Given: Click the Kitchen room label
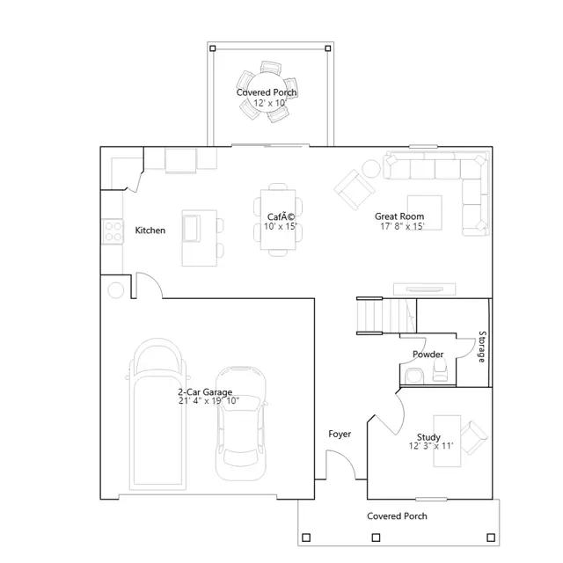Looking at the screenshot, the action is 150,230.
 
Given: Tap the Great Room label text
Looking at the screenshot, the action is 399,216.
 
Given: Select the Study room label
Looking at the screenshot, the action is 428,437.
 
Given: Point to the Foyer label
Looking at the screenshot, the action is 340,434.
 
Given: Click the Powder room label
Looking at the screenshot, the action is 428,355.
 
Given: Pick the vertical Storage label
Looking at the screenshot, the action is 482,347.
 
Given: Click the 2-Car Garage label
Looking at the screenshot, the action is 205,391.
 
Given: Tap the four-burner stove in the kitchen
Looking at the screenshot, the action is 113,231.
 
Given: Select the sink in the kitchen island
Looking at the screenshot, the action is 192,229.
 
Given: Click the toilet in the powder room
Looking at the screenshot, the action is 440,369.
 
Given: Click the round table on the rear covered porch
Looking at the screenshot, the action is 267,91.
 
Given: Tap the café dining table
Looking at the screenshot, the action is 278,219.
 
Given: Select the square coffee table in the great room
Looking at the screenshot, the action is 424,213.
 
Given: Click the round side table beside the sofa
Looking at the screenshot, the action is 371,168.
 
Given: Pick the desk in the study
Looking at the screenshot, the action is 447,441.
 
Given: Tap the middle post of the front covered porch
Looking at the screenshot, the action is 376,537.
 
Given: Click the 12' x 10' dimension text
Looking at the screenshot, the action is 270,103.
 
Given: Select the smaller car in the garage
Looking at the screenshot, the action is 241,424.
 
